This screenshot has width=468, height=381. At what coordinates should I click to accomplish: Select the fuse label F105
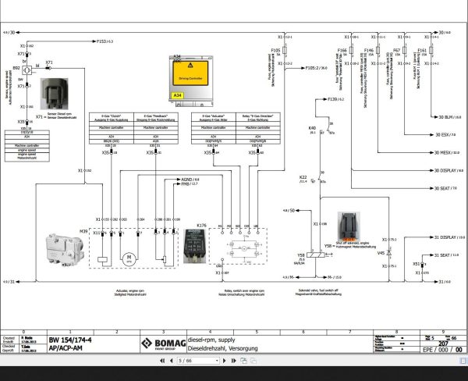(275, 50)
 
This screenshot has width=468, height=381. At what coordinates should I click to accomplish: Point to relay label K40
(312, 129)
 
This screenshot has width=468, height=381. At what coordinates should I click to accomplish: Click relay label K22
(303, 177)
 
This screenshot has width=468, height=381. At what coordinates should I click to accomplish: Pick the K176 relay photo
(193, 250)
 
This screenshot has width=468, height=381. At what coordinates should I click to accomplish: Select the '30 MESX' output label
(442, 152)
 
